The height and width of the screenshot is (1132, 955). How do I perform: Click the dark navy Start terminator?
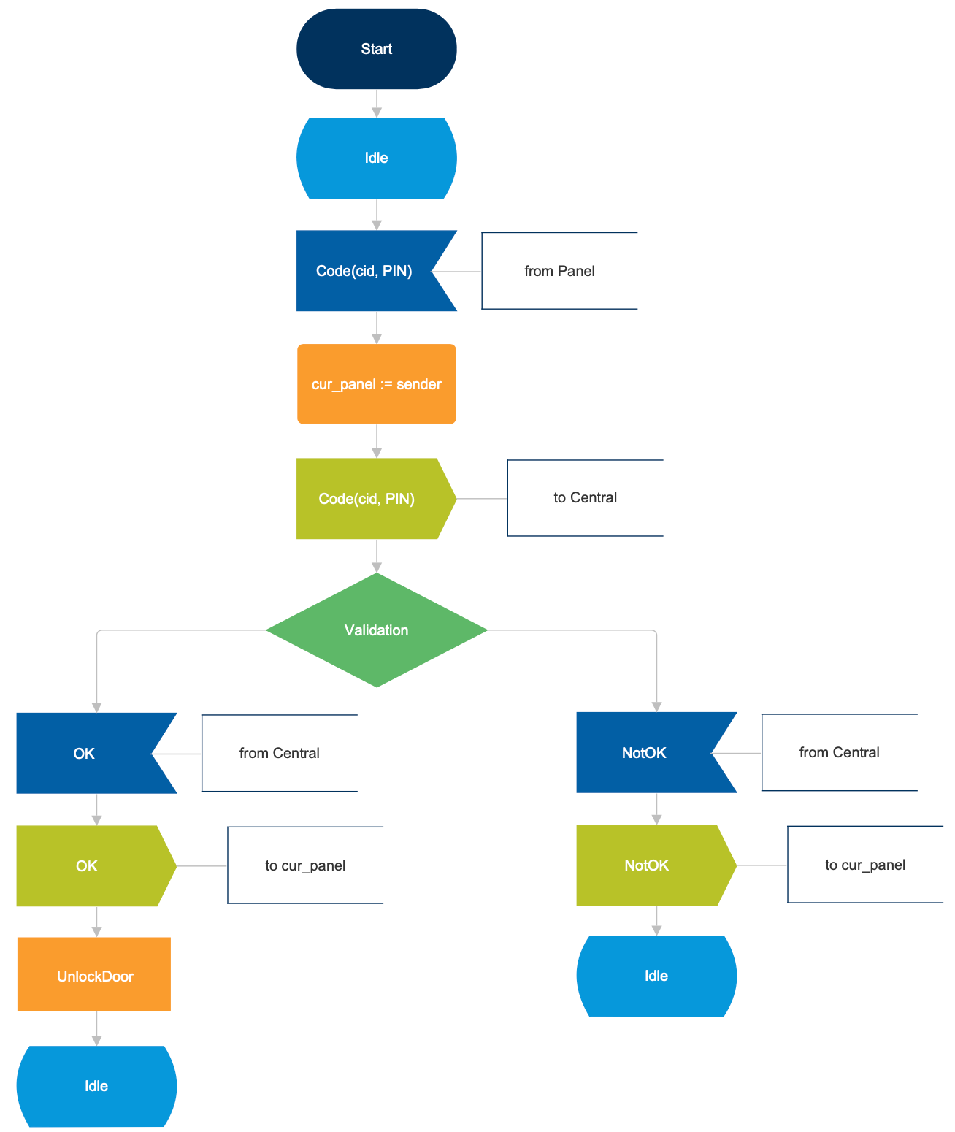[376, 49]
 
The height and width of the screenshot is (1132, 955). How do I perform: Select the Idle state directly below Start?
[376, 158]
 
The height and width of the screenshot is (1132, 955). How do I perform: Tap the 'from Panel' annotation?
[559, 271]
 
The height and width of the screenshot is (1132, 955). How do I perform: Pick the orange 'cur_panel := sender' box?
[376, 384]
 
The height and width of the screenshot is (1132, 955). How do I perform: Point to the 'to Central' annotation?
[585, 498]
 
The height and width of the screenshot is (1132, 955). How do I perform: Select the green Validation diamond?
[376, 630]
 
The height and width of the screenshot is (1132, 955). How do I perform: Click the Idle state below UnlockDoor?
[96, 1086]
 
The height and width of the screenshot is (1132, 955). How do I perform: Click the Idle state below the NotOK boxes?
[656, 976]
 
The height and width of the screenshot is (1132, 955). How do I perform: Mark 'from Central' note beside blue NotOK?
[839, 752]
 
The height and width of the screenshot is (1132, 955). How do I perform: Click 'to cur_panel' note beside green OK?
[305, 865]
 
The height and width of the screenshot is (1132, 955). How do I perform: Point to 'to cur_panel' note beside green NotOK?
[865, 865]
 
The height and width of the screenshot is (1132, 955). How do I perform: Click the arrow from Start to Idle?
[376, 103]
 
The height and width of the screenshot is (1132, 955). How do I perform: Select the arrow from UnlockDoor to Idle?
[96, 1028]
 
